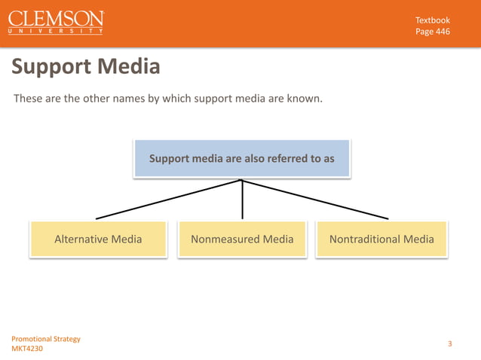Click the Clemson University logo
tap(57, 23)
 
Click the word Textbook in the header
tap(433, 19)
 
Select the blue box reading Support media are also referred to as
tap(241, 158)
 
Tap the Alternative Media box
tap(98, 239)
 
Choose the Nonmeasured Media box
tap(242, 239)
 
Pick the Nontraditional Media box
tap(381, 239)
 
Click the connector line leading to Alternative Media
tap(166, 200)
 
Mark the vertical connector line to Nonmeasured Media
tap(242, 200)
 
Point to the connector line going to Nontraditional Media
tap(317, 200)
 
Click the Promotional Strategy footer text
tap(46, 339)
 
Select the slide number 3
tap(449, 344)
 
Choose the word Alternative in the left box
tap(81, 239)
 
